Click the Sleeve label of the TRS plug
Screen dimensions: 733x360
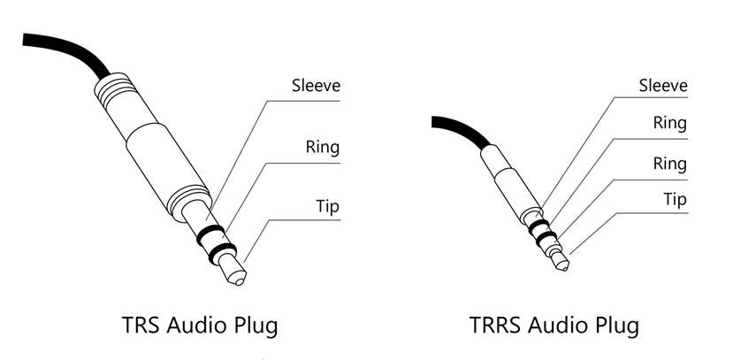point(316,86)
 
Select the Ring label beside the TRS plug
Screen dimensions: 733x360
point(323,147)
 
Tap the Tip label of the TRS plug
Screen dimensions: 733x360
point(327,206)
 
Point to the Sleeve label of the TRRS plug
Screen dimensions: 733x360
point(663,86)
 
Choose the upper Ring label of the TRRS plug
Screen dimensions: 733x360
point(670,124)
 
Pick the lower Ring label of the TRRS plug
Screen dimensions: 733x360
point(670,165)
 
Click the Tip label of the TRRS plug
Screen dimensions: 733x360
point(675,200)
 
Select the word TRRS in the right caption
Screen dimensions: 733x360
point(493,325)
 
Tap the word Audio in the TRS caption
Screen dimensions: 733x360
point(195,325)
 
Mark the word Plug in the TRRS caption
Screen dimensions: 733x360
point(618,326)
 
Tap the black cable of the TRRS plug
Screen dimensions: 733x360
point(461,128)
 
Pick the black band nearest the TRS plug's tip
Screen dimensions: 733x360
point(223,253)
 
